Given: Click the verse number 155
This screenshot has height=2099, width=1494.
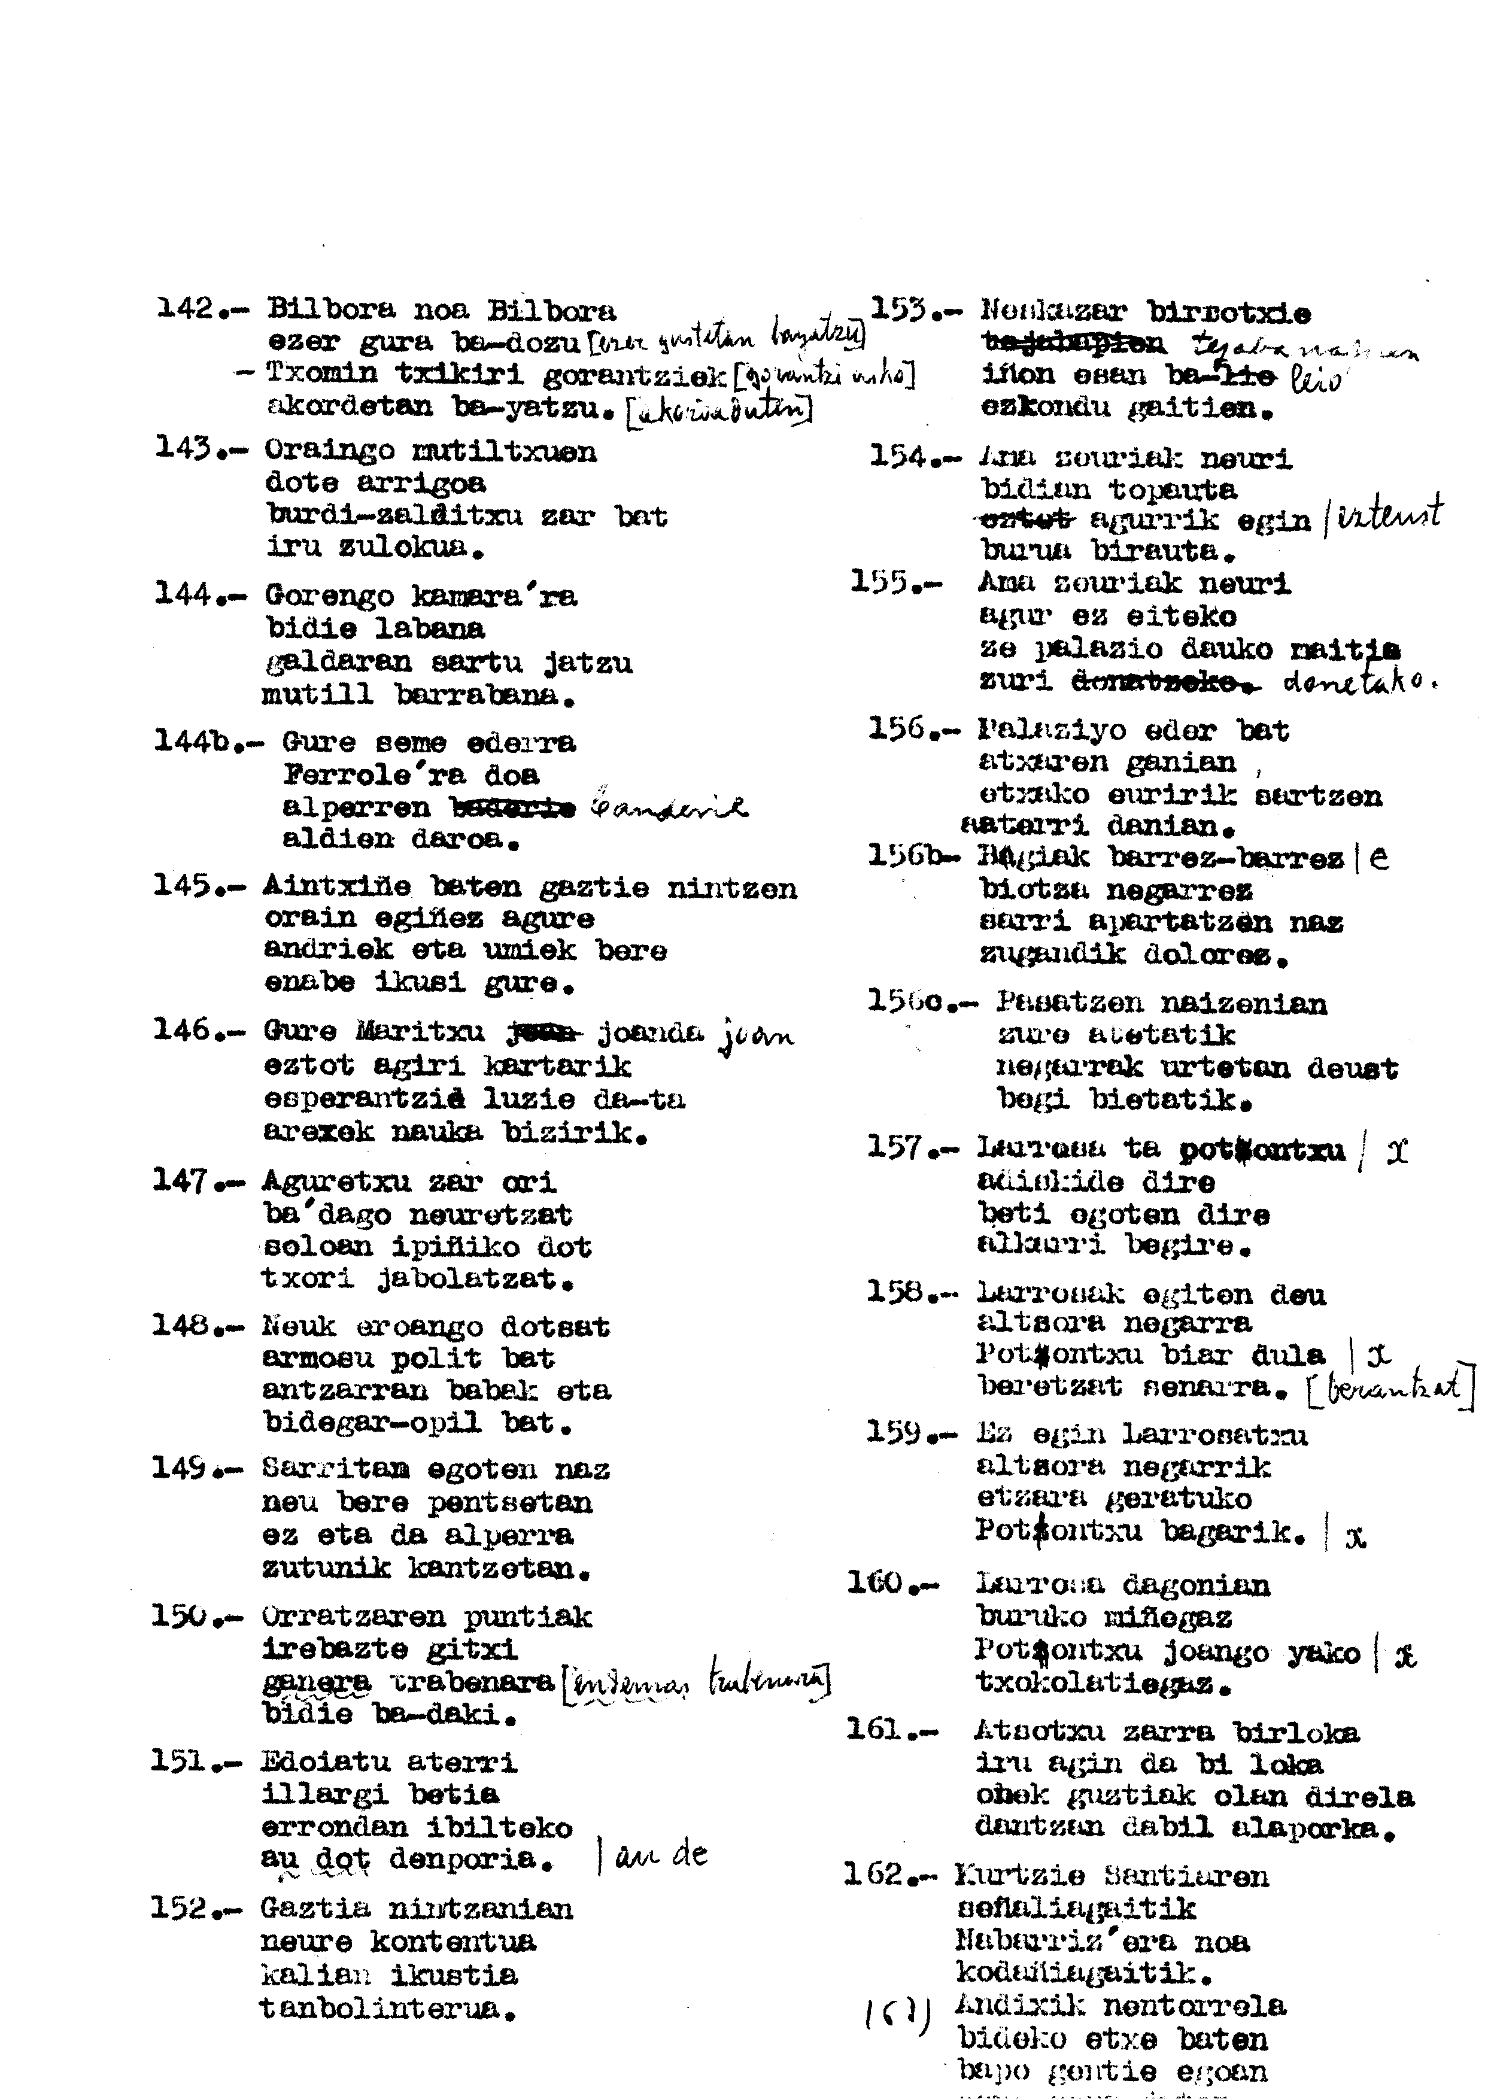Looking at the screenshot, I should (x=880, y=582).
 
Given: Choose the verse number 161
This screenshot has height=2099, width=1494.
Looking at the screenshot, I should (x=876, y=1730).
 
